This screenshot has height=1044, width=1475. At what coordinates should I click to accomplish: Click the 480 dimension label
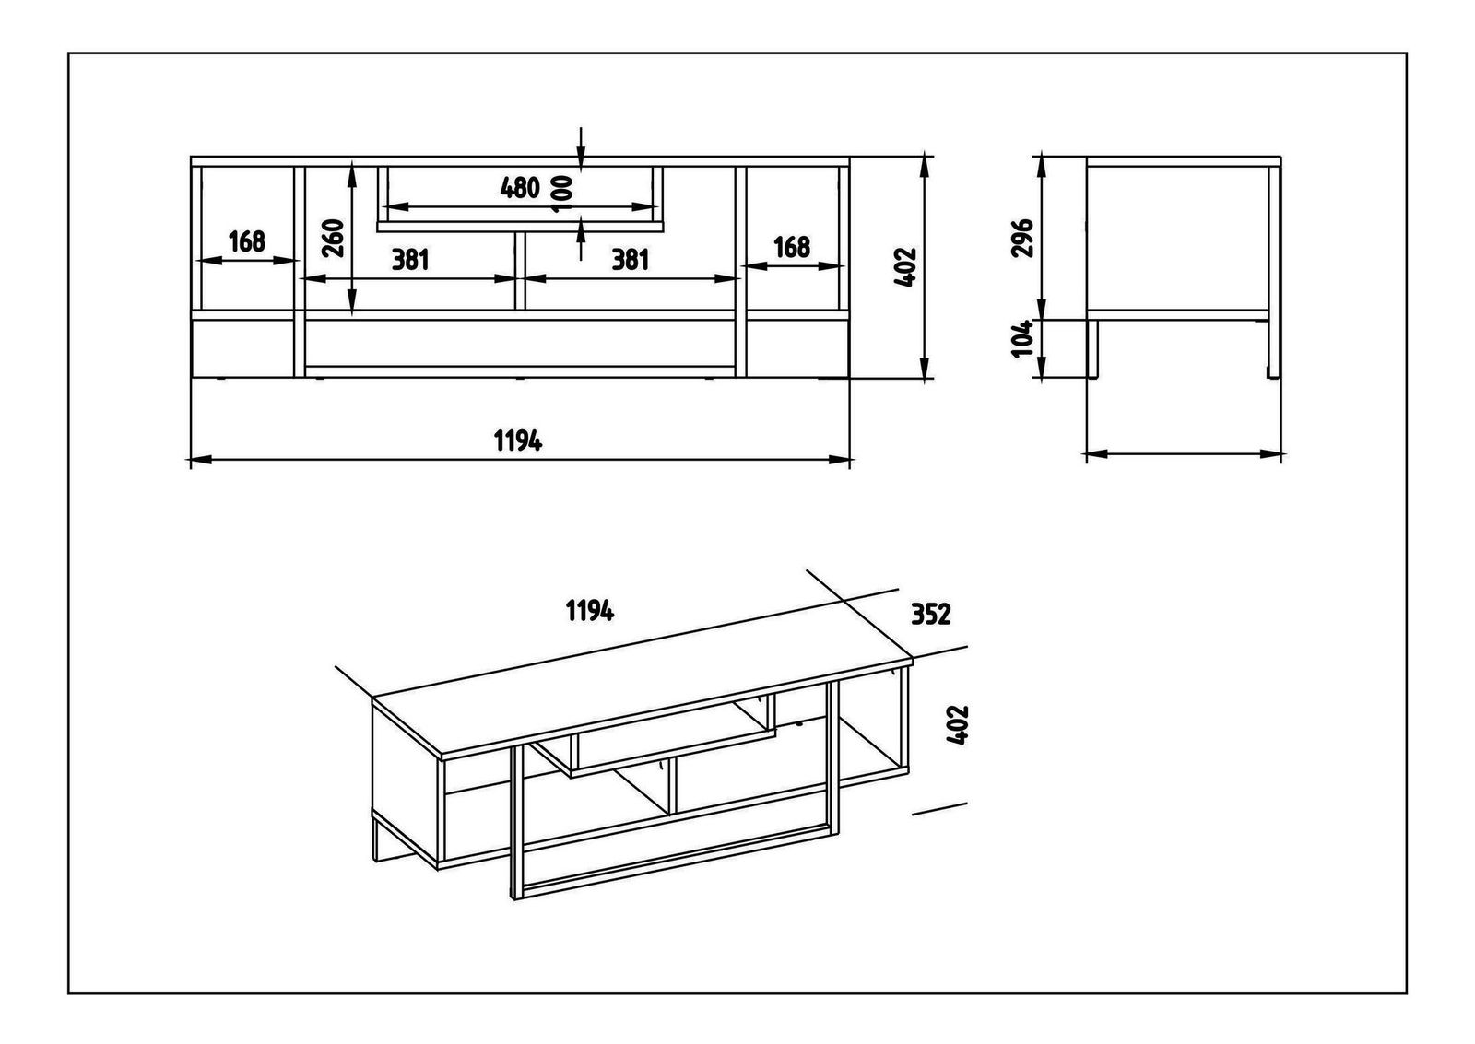(x=519, y=187)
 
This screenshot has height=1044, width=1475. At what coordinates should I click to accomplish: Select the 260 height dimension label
(x=334, y=237)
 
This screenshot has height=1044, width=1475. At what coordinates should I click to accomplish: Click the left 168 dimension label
(x=246, y=242)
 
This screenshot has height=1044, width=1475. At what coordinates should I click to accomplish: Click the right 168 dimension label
(x=791, y=247)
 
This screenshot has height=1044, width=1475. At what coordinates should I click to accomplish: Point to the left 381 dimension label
(x=410, y=260)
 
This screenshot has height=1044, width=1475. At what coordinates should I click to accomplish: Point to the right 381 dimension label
(x=631, y=260)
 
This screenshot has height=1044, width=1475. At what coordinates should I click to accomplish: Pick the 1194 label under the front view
(x=518, y=441)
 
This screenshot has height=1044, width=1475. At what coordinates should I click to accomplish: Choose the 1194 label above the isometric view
(x=590, y=610)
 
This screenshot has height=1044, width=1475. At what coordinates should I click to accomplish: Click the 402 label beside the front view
(x=905, y=267)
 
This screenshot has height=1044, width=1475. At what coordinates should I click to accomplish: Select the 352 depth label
(x=930, y=614)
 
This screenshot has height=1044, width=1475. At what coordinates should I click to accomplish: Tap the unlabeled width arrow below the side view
(x=1184, y=453)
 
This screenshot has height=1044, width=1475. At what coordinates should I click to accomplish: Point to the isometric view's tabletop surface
(x=636, y=700)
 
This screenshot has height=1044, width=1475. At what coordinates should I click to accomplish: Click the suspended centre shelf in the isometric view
(x=664, y=746)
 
